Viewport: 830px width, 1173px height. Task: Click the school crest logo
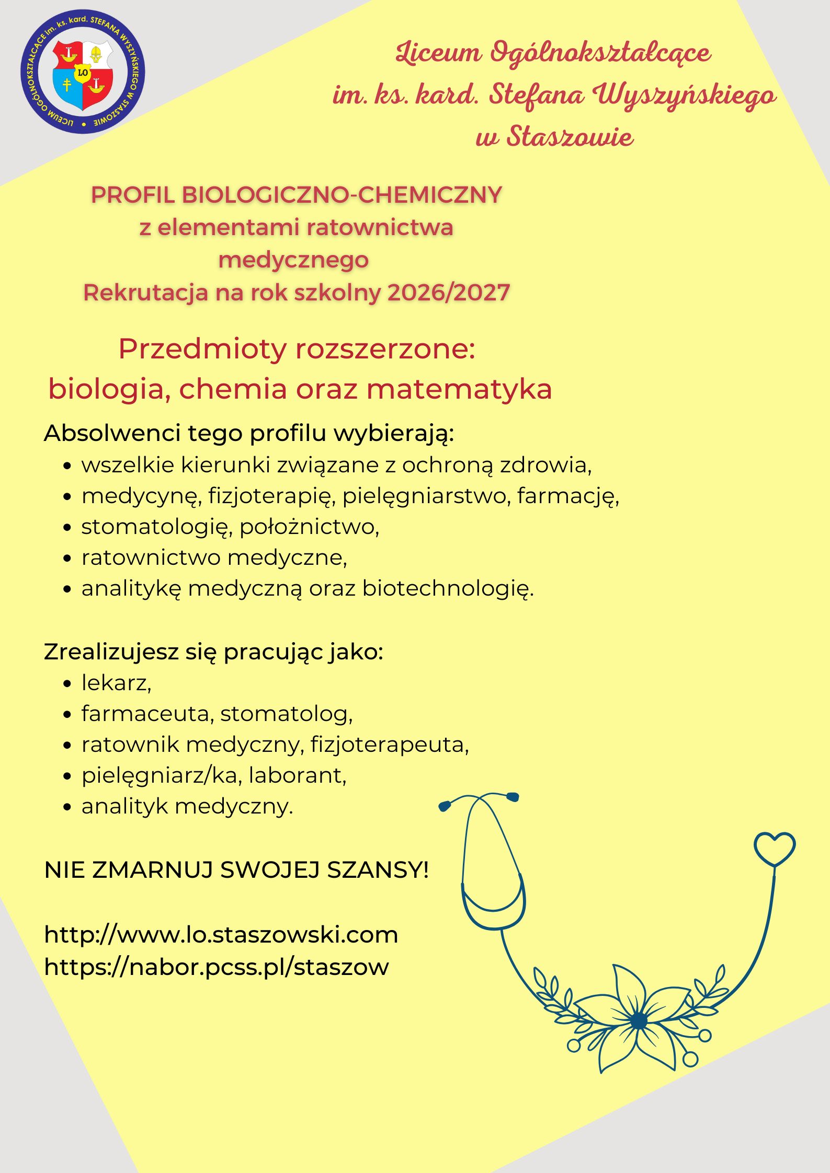pyautogui.click(x=83, y=72)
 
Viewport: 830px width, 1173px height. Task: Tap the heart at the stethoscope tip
pyautogui.click(x=774, y=849)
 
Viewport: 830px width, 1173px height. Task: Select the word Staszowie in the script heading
pyautogui.click(x=570, y=137)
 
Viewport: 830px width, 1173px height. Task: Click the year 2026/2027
pyautogui.click(x=448, y=293)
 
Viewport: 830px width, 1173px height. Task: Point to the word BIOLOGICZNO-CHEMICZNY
pyautogui.click(x=342, y=195)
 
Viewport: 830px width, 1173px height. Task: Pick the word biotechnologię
pyautogui.click(x=448, y=589)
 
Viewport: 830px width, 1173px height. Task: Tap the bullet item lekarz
pyautogui.click(x=116, y=682)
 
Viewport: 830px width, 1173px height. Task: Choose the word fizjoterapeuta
pyautogui.click(x=389, y=745)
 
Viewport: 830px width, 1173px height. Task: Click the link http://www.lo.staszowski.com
pyautogui.click(x=221, y=934)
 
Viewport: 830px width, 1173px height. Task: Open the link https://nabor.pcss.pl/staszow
pyautogui.click(x=217, y=967)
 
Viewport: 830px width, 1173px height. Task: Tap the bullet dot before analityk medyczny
pyautogui.click(x=66, y=807)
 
